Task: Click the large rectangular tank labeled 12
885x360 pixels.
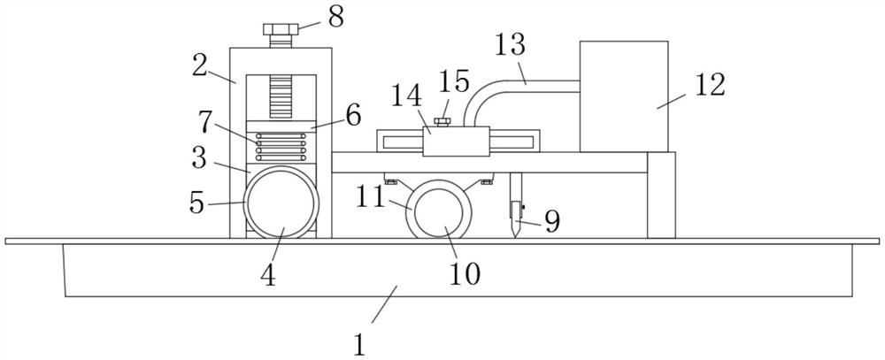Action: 623,96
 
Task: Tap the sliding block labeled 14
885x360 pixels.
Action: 457,141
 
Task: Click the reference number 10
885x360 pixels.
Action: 465,273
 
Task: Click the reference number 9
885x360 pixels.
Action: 550,221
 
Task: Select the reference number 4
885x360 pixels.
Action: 268,274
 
